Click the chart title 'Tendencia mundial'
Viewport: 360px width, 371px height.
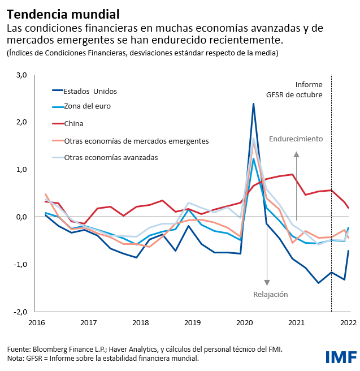tap(63, 13)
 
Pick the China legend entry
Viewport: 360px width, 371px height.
tap(73, 123)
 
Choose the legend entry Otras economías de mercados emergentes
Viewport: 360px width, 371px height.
tap(136, 140)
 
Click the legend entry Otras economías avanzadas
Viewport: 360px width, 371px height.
tap(111, 157)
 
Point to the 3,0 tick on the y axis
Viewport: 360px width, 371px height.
tap(21, 75)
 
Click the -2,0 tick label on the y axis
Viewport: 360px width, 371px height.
tap(20, 312)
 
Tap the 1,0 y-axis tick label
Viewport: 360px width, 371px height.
tap(21, 170)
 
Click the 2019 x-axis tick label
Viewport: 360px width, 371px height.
tap(192, 322)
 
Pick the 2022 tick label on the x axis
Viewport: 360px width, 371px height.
tap(347, 322)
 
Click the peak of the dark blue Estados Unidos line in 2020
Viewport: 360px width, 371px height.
tap(253, 103)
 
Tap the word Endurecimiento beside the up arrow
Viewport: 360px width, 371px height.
tap(296, 139)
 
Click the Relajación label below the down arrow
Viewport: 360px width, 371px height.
tap(270, 294)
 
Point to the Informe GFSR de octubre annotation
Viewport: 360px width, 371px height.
tap(301, 89)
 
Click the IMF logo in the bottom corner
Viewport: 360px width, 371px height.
tap(340, 356)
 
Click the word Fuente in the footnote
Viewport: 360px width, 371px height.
tap(19, 349)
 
